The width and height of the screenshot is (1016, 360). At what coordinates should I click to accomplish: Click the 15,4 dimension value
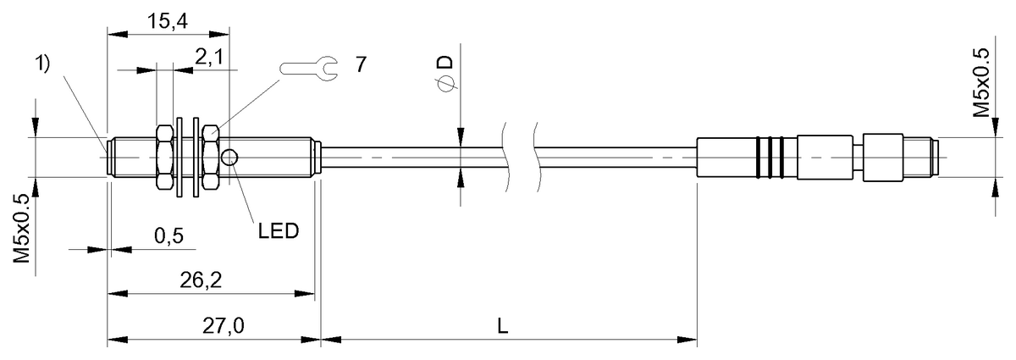click(168, 23)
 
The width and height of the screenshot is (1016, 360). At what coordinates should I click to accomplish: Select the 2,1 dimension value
click(210, 58)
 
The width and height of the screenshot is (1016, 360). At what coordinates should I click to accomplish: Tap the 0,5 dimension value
click(169, 235)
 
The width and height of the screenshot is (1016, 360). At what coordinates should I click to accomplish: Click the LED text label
click(278, 230)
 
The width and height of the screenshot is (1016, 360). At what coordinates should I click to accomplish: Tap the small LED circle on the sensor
click(230, 157)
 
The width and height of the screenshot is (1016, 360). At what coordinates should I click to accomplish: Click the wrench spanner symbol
click(308, 65)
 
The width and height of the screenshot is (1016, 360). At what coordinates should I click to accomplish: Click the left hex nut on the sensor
click(165, 157)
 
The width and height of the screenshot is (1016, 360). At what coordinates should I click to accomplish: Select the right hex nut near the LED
click(212, 157)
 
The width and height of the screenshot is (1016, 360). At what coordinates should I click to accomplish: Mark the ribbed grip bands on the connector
click(768, 157)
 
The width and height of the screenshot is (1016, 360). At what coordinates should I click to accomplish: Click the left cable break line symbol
click(508, 157)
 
